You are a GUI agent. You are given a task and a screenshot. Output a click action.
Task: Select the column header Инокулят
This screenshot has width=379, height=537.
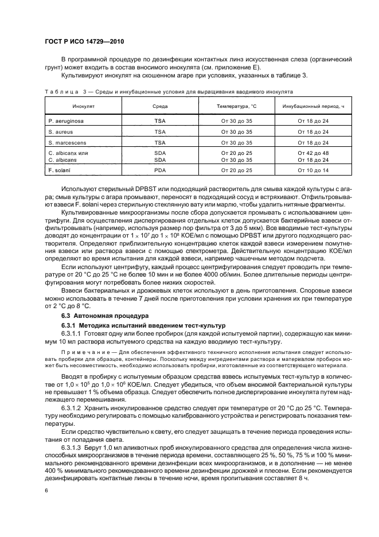pos(68,107)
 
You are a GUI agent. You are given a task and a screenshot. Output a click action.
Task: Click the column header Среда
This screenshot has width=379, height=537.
pos(160,107)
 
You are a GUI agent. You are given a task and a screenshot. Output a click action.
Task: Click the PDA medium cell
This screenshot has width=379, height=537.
pos(160,170)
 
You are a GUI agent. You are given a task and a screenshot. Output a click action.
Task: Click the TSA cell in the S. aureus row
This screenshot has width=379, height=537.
pos(160,131)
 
